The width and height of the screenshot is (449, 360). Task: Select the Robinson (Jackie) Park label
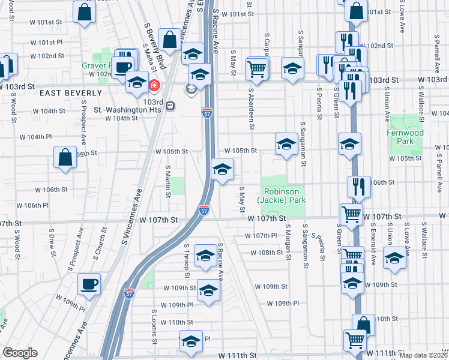(282, 196)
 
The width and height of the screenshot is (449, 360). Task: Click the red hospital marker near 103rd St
(154, 86)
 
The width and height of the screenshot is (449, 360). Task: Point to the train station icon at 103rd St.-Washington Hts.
(170, 106)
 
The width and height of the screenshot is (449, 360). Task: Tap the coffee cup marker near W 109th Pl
(89, 283)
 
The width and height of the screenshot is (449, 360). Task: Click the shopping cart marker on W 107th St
(351, 214)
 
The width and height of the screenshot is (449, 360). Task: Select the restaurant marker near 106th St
(359, 186)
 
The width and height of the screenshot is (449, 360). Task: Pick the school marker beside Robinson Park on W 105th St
(286, 144)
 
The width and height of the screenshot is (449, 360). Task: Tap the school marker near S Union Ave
(394, 258)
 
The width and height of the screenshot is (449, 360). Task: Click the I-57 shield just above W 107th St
(204, 210)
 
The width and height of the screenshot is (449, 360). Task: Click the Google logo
(20, 353)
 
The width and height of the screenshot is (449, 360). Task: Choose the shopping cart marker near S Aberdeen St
(256, 68)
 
